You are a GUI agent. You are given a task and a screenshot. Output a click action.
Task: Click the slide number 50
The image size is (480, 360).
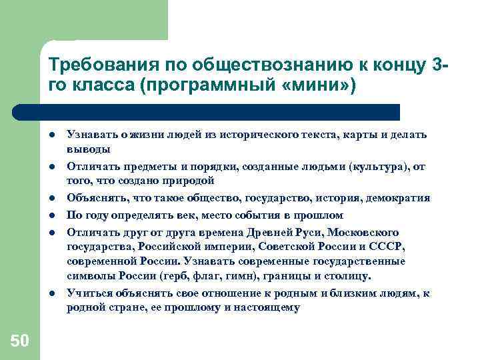click(19, 341)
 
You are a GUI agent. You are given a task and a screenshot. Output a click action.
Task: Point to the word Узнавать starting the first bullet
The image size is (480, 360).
click(89, 135)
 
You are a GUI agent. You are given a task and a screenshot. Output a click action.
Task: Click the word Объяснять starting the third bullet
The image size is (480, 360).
click(92, 198)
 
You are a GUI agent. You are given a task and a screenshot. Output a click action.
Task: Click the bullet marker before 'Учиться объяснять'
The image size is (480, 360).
click(50, 293)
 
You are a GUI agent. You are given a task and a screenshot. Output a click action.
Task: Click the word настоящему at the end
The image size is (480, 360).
click(267, 307)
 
